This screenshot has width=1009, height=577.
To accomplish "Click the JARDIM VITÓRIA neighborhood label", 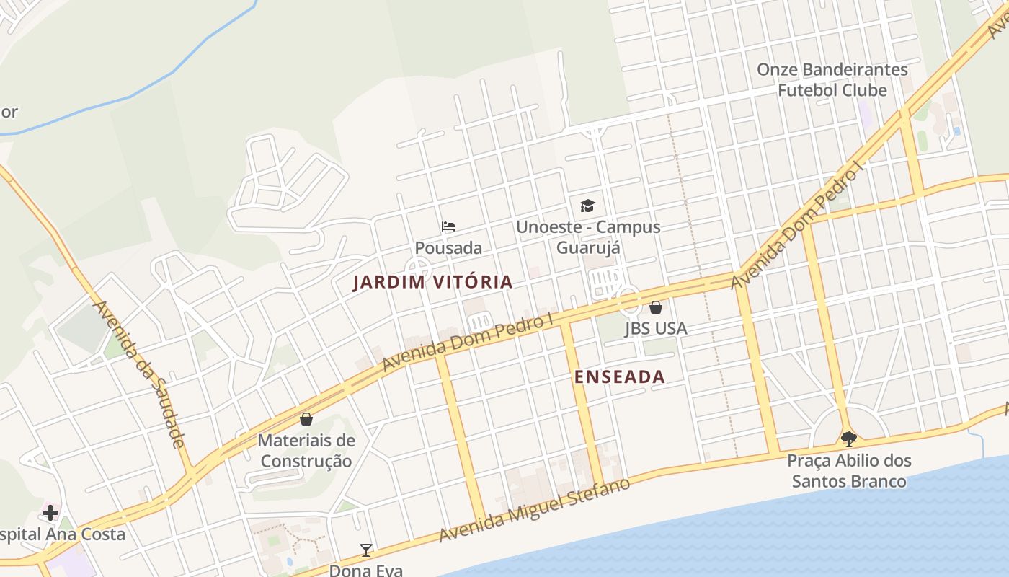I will point(432,282).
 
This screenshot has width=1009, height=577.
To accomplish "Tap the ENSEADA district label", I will point(619,376).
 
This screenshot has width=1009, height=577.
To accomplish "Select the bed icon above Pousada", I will point(448,226).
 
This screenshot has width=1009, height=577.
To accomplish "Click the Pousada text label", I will point(448,248).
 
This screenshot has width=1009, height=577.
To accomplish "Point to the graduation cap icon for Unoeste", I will point(587,206).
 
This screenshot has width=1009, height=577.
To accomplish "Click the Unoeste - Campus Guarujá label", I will point(587,237).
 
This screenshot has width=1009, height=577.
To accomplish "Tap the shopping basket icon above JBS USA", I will point(656,307).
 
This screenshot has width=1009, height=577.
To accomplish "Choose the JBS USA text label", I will point(656,329).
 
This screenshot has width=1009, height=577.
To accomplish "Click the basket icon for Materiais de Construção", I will point(306,419).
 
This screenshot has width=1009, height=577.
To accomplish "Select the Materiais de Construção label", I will point(306,451).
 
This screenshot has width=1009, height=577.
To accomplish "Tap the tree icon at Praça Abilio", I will point(849,439).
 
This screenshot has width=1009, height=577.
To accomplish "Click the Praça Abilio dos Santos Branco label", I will point(849,470).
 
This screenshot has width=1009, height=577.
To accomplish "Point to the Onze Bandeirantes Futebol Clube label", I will point(832,80).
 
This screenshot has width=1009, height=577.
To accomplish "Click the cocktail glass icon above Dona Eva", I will point(366,550).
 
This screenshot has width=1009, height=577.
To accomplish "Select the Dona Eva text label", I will point(366,570).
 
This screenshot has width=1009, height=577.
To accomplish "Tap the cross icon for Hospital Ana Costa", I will point(50,513).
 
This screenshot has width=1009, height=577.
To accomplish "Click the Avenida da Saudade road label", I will point(140,374).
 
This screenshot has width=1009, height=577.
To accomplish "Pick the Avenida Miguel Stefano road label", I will point(535,509).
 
